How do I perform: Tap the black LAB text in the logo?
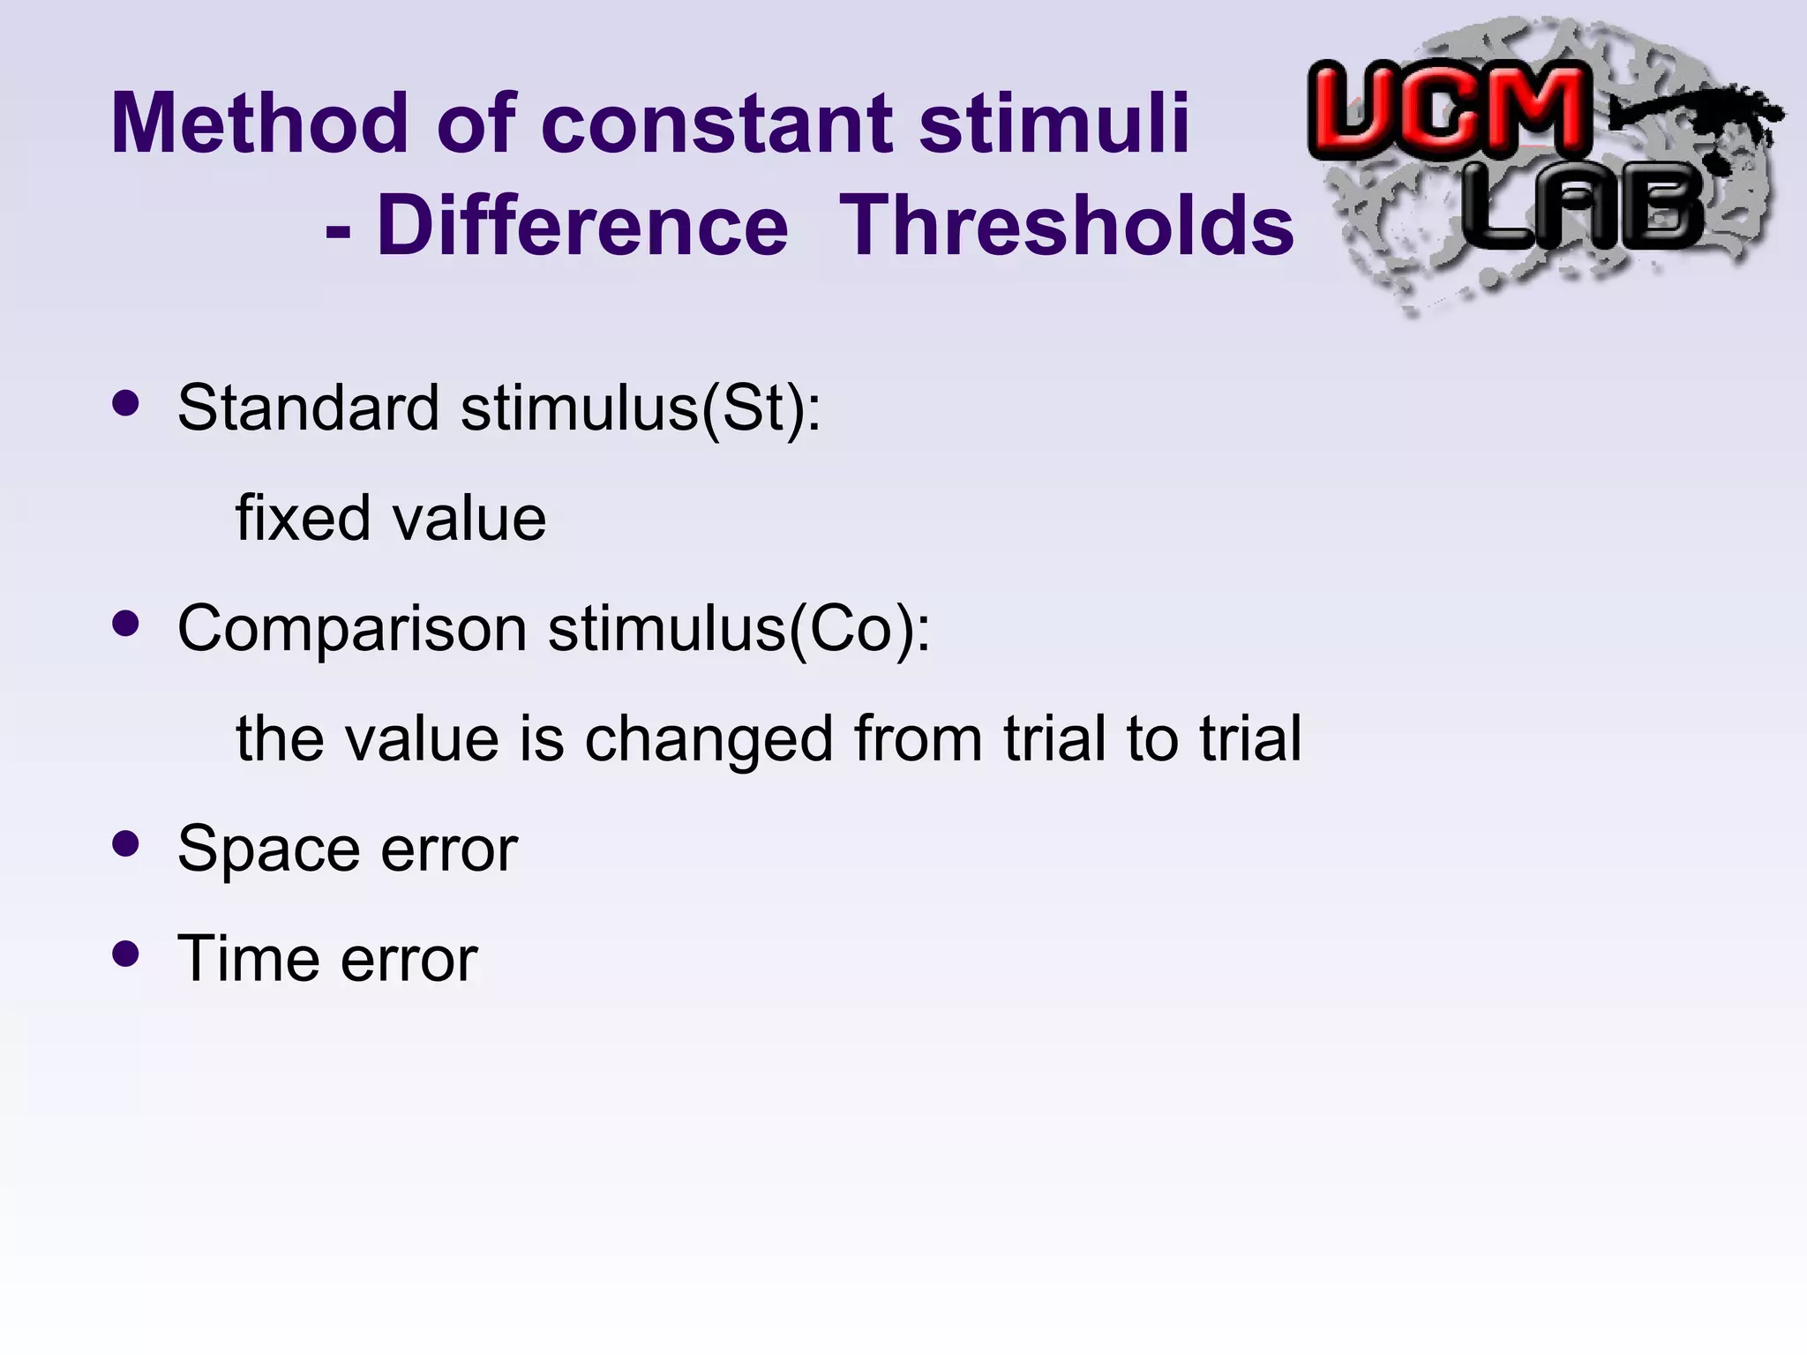click(1584, 209)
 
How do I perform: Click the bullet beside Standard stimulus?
click(127, 403)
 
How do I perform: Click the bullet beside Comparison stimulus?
click(127, 624)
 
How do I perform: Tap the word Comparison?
click(352, 630)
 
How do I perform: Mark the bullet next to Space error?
click(127, 843)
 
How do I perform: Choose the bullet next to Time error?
click(127, 954)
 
